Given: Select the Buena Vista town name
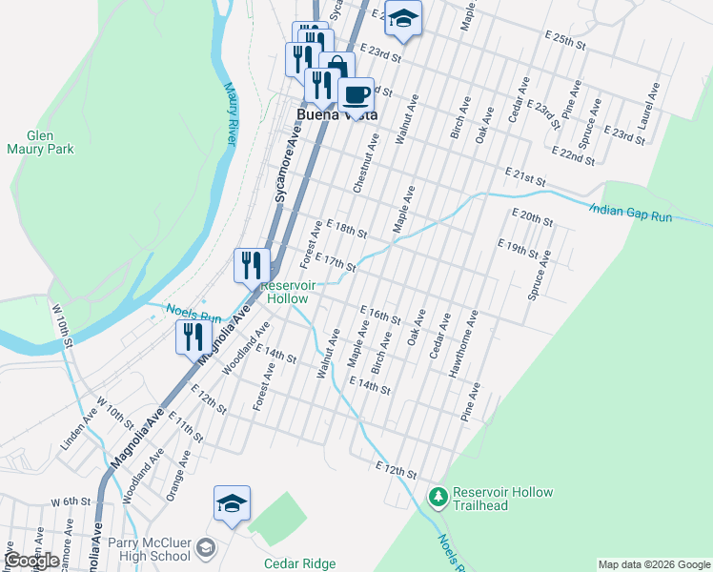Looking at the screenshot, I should pyautogui.click(x=337, y=114).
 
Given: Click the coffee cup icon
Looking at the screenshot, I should pyautogui.click(x=356, y=95).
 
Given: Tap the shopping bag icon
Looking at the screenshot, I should pyautogui.click(x=336, y=70).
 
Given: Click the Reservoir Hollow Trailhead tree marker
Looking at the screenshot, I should pyautogui.click(x=438, y=497).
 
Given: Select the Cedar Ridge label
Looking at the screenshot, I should pyautogui.click(x=299, y=563).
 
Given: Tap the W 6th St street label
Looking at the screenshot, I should pyautogui.click(x=70, y=500).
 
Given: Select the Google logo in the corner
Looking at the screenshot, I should pyautogui.click(x=31, y=562).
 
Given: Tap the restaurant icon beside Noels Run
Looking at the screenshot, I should pyautogui.click(x=194, y=336).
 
